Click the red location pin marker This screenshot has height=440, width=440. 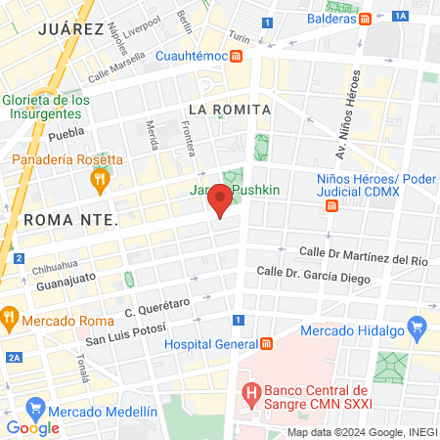click(220, 198)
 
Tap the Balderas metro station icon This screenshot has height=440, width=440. click(365, 19)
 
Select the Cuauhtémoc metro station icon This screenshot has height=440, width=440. click(237, 56)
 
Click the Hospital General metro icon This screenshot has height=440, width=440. click(266, 344)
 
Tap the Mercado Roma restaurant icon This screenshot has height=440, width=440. click(9, 317)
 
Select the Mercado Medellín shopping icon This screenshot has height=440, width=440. click(35, 406)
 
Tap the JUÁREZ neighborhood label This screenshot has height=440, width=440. click(69, 29)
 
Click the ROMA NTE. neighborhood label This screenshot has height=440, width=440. click(70, 219)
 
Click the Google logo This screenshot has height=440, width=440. click(32, 427)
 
